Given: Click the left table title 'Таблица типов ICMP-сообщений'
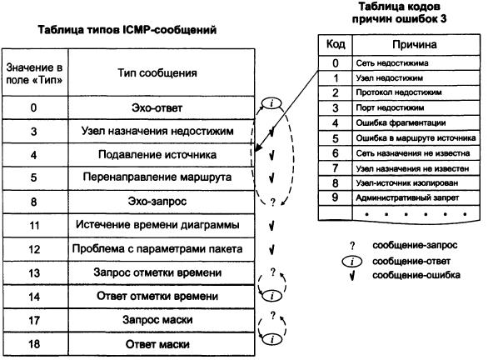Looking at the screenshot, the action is pos(127,30).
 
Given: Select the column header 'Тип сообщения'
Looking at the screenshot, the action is pos(157,72).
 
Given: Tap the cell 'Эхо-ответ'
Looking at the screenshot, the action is pos(157,107).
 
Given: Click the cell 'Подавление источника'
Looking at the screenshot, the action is pos(157,154).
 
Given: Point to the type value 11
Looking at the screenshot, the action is pos(34,225).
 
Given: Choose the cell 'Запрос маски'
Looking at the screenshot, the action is pos(157,319).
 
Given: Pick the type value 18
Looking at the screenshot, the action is pos(34,344).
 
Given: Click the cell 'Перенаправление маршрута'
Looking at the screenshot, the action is pos(157,177).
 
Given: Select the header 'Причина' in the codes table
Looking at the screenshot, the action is pos(414,44).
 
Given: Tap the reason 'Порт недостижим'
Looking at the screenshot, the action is pos(390,107).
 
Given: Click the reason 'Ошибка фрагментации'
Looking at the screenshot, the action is pos(401,123).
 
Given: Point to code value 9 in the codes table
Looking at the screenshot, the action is pos(335,197).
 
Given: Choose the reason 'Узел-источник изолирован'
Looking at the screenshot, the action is pos(407,182).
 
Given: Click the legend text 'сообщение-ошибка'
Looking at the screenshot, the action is pos(416,275).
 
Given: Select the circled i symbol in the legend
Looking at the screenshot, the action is pos(352,262).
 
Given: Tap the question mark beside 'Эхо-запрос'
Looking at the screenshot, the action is pos(272,202).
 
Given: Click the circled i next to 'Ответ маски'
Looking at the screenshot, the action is pos(272,339).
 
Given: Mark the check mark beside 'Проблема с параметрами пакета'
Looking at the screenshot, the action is pos(271,249).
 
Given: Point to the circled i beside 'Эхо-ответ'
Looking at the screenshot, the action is pos(271,103).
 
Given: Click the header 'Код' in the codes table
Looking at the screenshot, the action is pos(336,44).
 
